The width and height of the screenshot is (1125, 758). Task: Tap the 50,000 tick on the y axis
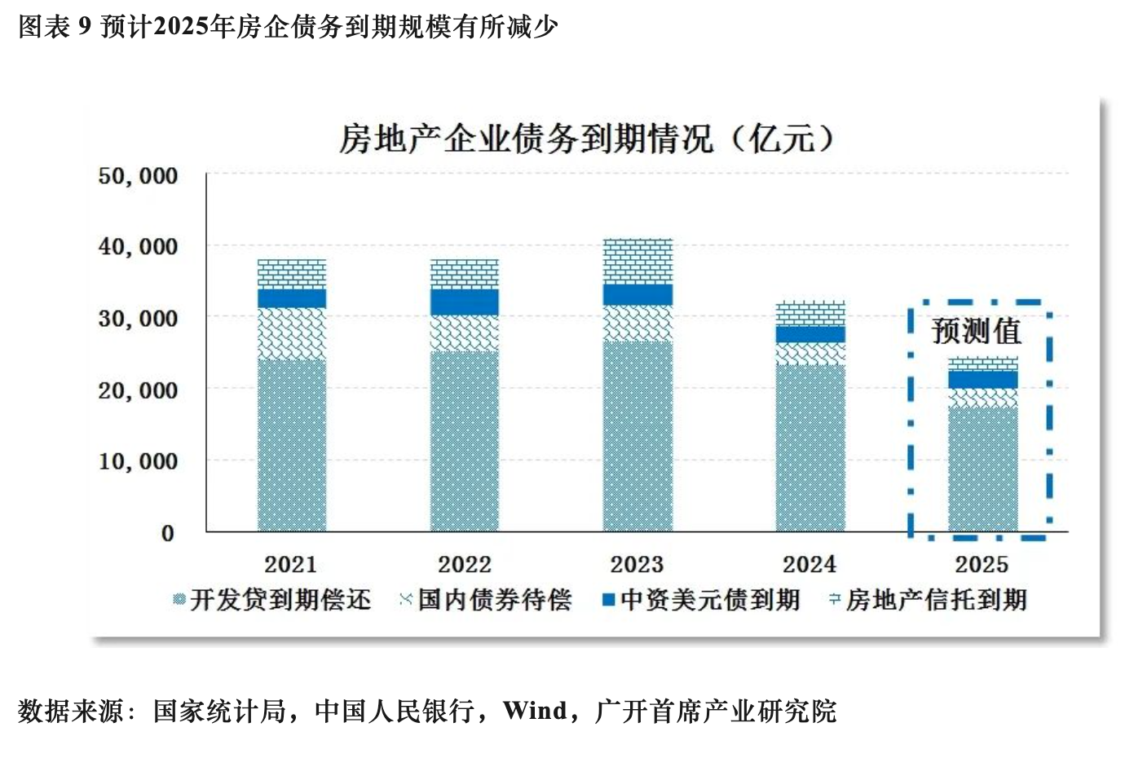138,176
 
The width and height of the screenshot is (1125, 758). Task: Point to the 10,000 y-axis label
138,461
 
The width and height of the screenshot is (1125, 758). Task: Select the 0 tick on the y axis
167,533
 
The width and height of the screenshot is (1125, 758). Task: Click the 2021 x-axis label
291,564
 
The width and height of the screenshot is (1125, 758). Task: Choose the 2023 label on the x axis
637,564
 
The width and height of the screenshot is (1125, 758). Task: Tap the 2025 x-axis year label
982,564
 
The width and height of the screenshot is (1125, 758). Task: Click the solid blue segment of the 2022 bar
464,302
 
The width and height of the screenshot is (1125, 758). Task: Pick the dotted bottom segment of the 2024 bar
810,448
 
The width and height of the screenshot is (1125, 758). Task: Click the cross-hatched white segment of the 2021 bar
292,333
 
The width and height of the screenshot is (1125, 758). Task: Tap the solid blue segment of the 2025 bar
982,380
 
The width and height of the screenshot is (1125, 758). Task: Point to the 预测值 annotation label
976,331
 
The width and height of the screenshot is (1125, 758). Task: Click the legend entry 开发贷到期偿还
280,601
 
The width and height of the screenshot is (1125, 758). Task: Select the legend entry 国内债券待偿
494,601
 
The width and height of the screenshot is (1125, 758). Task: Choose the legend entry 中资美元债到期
709,601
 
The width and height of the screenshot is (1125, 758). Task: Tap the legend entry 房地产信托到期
936,601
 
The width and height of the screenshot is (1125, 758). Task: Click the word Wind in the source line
535,711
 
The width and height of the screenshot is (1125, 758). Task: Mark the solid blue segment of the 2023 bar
637,294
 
